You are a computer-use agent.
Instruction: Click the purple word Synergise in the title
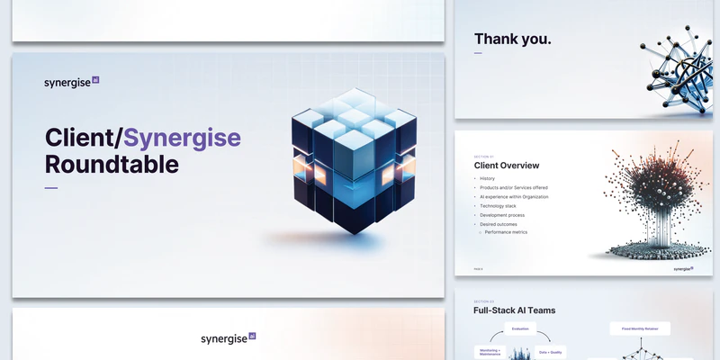click(x=182, y=138)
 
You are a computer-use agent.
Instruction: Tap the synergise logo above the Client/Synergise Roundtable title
click(x=71, y=82)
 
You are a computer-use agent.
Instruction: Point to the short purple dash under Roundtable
click(x=51, y=188)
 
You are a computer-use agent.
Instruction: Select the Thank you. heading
click(x=512, y=39)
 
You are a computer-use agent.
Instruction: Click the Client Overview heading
click(x=507, y=166)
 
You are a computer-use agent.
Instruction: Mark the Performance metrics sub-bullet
click(x=506, y=232)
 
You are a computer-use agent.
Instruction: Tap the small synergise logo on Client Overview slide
click(x=683, y=268)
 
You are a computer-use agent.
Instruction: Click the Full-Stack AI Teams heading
click(x=514, y=310)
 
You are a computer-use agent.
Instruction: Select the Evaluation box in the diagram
click(x=520, y=329)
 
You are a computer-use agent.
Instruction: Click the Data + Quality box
click(x=551, y=352)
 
